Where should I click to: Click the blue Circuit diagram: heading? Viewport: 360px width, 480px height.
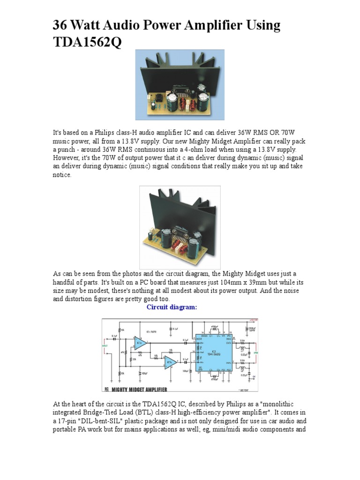click(172, 307)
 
